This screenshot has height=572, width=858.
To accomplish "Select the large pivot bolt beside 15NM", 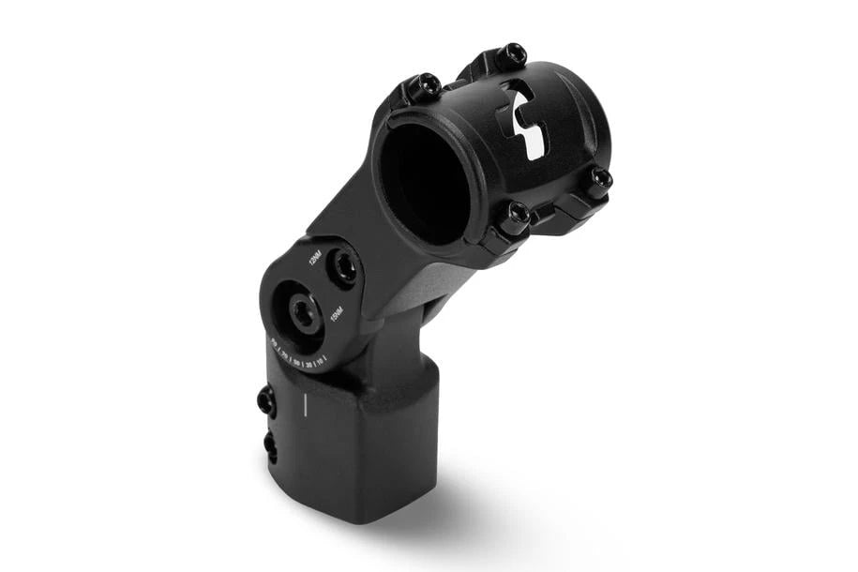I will [303, 315].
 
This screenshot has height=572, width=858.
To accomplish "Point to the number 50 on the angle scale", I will [296, 362].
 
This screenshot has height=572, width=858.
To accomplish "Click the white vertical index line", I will [304, 405].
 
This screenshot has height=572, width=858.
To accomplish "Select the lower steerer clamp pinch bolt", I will [270, 446].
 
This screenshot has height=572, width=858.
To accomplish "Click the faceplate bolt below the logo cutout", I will [515, 218].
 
